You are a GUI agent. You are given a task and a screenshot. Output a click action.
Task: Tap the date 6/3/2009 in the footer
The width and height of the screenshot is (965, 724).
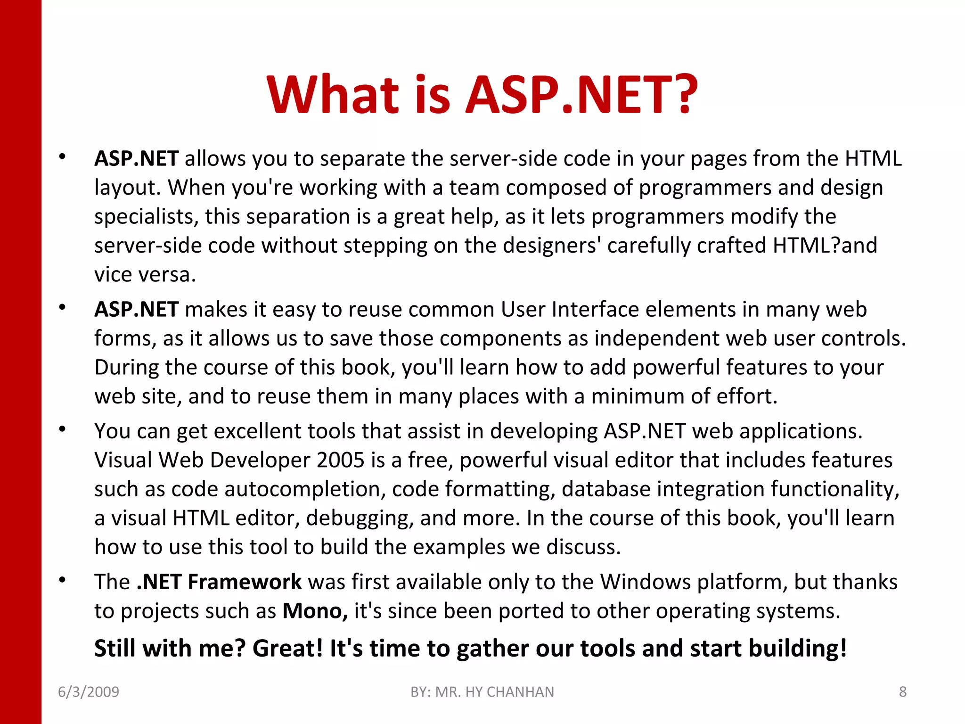point(89,691)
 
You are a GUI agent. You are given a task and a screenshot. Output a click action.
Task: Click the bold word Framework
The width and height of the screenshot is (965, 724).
point(245,582)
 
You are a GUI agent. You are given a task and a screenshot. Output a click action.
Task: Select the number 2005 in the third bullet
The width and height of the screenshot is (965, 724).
point(341,460)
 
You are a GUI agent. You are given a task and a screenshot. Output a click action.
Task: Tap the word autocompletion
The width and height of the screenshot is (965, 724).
point(302,489)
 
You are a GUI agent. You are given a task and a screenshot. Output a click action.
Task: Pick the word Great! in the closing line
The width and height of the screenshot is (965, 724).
point(288,648)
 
